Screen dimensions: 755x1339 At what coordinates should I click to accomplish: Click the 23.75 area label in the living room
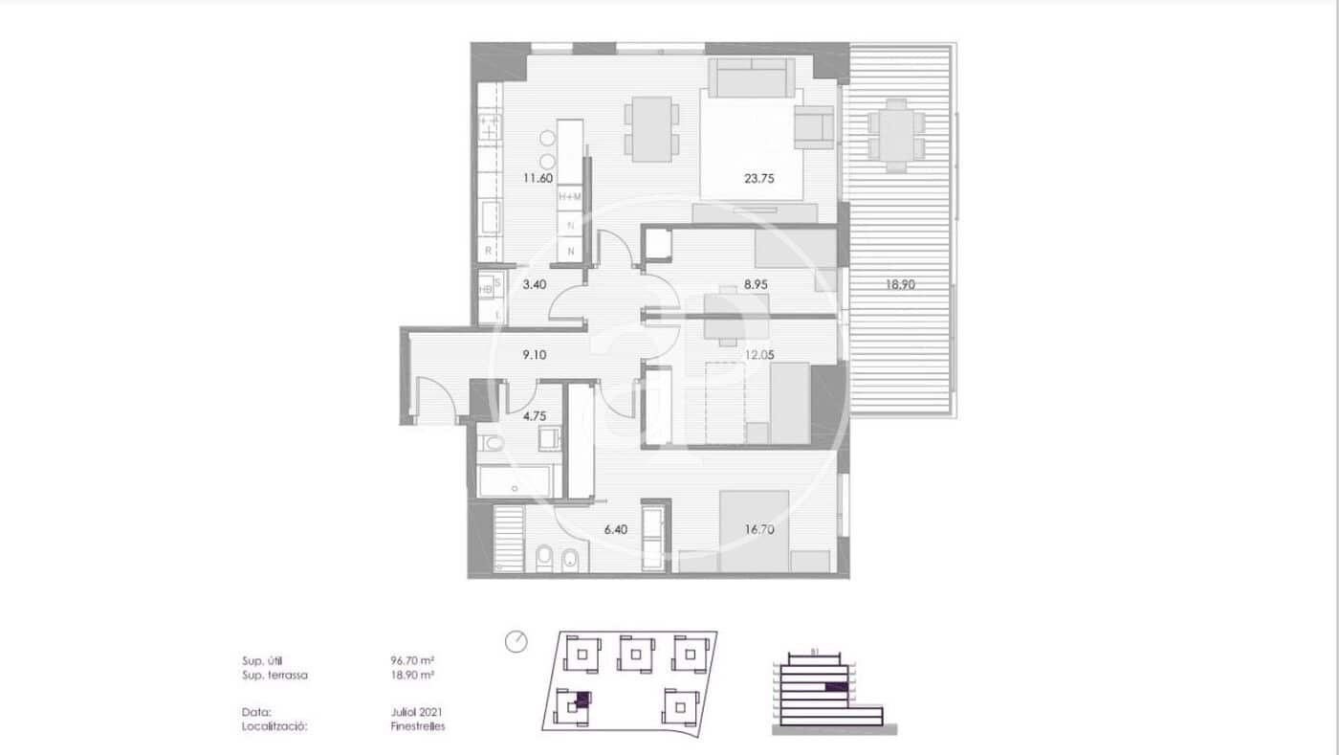[x=759, y=177]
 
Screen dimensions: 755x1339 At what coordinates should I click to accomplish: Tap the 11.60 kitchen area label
[x=538, y=177]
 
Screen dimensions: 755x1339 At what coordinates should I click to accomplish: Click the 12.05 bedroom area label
[x=759, y=354]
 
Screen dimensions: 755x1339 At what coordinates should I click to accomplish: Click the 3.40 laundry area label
[x=534, y=284]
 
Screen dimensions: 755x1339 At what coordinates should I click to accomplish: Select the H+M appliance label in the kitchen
[x=570, y=196]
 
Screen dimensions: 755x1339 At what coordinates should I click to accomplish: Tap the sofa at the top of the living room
[x=751, y=77]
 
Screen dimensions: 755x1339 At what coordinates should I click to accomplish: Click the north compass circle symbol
[x=516, y=641]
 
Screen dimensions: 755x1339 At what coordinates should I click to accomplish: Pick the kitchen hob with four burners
[x=490, y=127]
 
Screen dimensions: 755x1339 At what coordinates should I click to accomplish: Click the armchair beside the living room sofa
[x=815, y=127]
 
